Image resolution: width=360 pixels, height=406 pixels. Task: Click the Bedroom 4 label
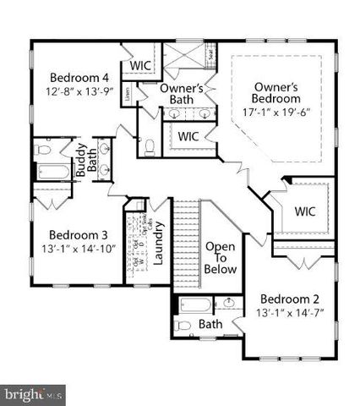[x=74, y=73]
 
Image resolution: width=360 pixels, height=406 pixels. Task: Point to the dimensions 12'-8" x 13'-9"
[x=74, y=88]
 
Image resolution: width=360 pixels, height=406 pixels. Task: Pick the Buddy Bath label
[x=85, y=160]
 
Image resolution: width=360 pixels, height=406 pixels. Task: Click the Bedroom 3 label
[x=77, y=233]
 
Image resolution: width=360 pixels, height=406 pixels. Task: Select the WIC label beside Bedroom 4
[x=139, y=66]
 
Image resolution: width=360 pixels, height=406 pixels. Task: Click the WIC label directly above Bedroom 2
[x=303, y=211]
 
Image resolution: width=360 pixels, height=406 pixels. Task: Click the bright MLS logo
[x=32, y=395]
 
